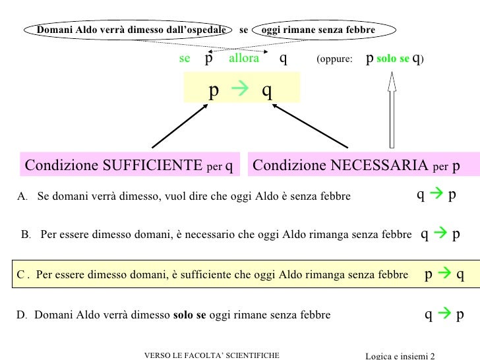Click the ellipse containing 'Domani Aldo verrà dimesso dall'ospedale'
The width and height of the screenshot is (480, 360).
coord(129,30)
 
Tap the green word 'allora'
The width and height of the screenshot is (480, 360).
coord(244,59)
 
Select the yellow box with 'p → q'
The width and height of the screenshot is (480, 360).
coord(241,88)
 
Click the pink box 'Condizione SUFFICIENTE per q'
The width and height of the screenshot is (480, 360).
coord(129,165)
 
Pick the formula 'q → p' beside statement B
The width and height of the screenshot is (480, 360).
coord(440,233)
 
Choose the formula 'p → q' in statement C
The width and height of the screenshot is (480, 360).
coord(444,275)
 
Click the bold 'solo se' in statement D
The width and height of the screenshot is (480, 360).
coord(189,315)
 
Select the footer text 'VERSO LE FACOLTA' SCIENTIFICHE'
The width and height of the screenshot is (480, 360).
coord(212,355)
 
